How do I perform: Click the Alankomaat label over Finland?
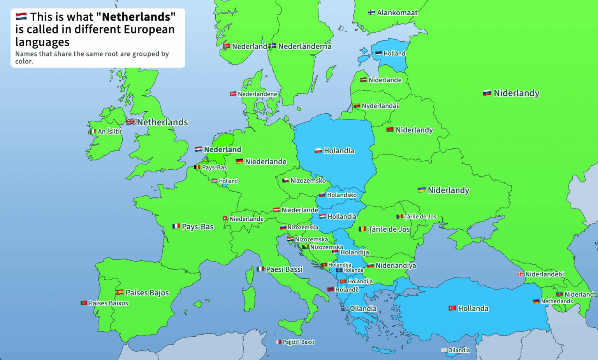tap(397, 13)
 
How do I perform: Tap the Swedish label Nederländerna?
tap(304, 46)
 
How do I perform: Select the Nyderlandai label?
tap(380, 106)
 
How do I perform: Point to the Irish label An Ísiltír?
tap(110, 132)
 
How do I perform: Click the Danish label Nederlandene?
tap(257, 94)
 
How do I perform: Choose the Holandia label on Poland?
tap(339, 151)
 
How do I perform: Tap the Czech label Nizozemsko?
tap(308, 181)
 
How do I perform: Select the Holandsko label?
tap(341, 195)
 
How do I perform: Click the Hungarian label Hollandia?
tap(341, 216)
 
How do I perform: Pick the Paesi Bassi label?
tap(284, 269)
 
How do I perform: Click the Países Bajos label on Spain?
tap(147, 293)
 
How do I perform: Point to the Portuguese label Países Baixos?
tap(108, 303)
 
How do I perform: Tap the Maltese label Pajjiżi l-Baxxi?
tap(298, 342)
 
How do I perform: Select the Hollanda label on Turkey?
tap(473, 308)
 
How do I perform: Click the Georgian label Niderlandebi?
tap(544, 274)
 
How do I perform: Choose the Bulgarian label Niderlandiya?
tap(396, 265)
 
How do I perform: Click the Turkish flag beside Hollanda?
tap(452, 308)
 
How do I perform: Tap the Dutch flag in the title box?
tap(21, 16)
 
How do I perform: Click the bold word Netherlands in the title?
tap(136, 17)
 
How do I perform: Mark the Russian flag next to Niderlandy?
tap(487, 93)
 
